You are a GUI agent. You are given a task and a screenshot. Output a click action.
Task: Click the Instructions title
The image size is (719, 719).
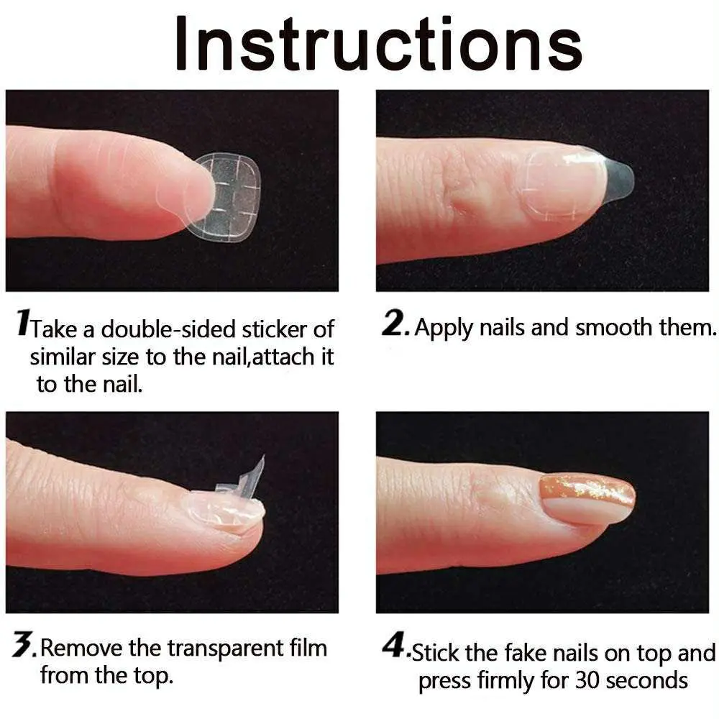(377, 45)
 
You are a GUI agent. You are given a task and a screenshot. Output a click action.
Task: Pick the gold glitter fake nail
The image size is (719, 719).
(588, 498)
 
